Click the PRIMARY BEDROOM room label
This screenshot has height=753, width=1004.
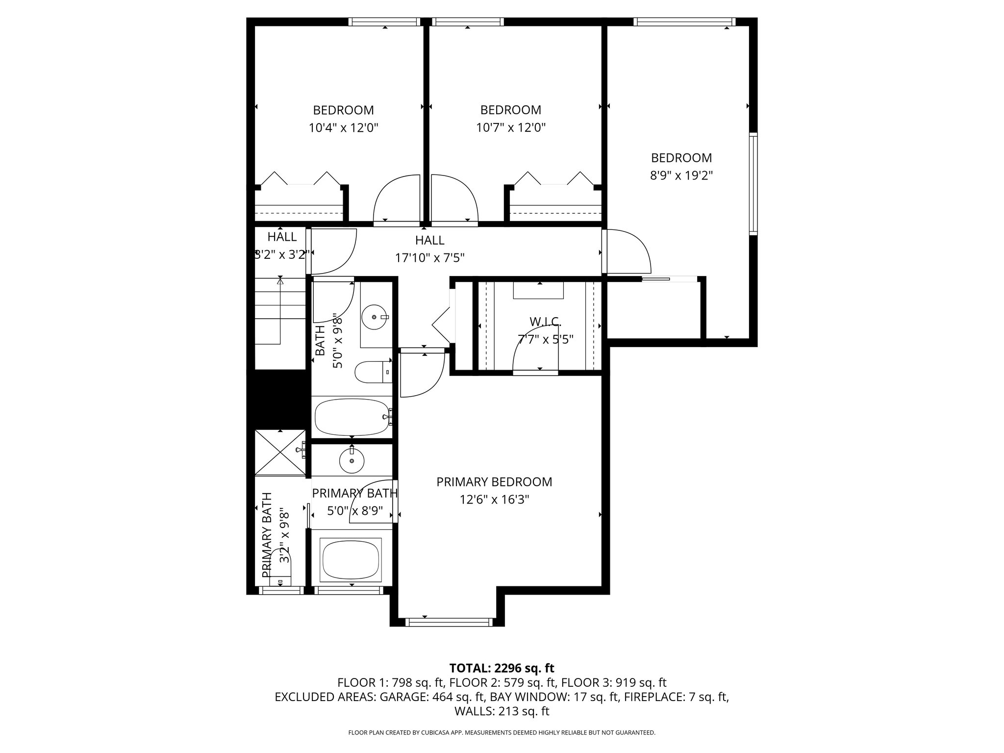pyautogui.click(x=494, y=482)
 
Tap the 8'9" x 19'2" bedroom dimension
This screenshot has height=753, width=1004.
pyautogui.click(x=681, y=176)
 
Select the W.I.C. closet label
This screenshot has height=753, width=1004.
pyautogui.click(x=545, y=322)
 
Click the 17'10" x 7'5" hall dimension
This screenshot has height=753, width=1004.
pyautogui.click(x=430, y=257)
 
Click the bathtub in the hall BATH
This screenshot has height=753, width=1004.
pyautogui.click(x=352, y=417)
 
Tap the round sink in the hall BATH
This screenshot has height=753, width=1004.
pyautogui.click(x=375, y=317)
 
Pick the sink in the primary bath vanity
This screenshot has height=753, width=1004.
pyautogui.click(x=351, y=460)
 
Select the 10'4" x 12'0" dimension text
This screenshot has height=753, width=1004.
pyautogui.click(x=343, y=128)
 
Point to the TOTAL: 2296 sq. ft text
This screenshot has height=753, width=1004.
pyautogui.click(x=502, y=668)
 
